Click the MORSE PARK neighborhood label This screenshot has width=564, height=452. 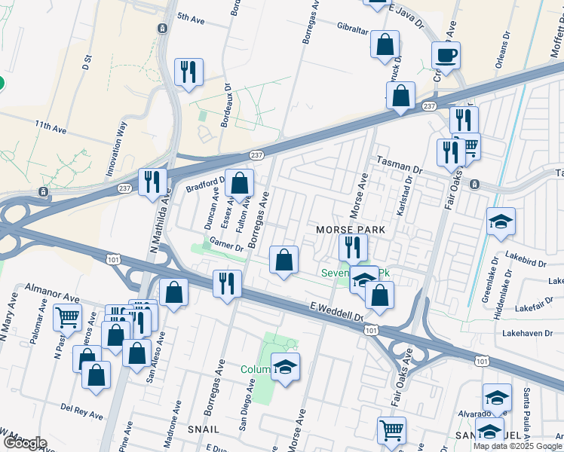point(351,229)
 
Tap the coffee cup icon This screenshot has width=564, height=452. point(446,54)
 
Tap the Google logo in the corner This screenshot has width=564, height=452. point(24,443)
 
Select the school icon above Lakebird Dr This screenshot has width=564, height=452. point(501,221)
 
